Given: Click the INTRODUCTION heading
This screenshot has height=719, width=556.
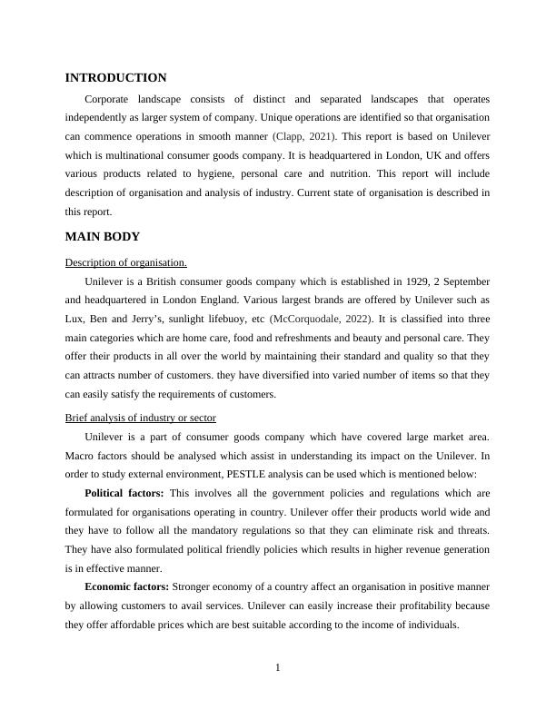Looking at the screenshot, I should tap(115, 78).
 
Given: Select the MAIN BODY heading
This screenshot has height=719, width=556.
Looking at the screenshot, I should tap(102, 237).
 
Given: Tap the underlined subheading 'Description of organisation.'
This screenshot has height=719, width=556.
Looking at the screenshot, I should tap(126, 263).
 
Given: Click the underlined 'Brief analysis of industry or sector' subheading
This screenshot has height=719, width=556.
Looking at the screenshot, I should tap(141, 418).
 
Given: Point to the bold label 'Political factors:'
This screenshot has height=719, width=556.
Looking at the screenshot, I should tap(125, 493).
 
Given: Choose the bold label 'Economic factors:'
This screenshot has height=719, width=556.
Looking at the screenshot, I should tap(126, 586).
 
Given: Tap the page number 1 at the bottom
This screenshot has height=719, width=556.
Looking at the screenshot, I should tap(278, 669).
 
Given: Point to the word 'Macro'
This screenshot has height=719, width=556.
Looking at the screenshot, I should tap(81, 456).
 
